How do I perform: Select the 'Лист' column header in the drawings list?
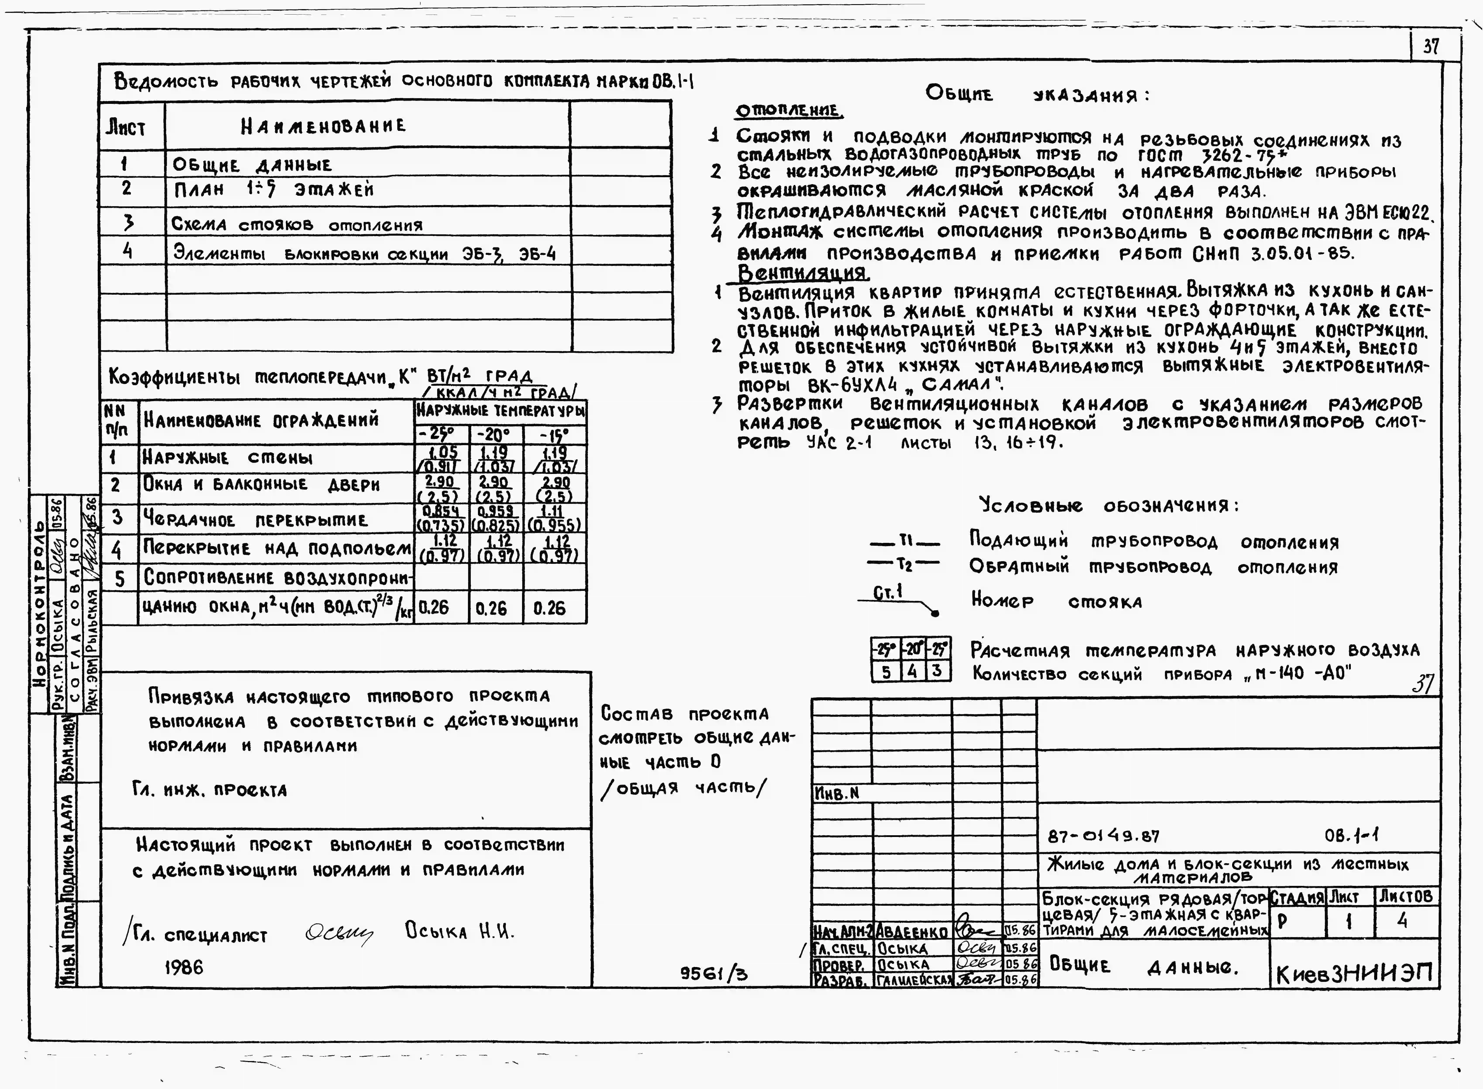[126, 127]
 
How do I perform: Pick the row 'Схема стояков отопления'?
[297, 225]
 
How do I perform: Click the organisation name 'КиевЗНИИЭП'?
[1355, 974]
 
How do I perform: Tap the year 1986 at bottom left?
[183, 967]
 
